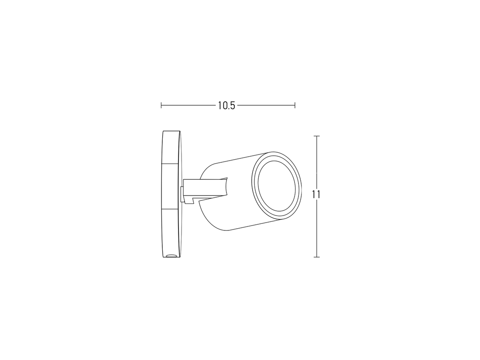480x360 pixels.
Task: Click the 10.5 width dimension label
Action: click(226, 106)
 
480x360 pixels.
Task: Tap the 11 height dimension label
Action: click(317, 195)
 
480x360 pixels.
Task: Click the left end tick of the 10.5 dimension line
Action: click(161, 105)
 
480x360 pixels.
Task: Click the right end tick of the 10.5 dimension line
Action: click(295, 105)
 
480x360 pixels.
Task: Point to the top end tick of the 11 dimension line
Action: click(317, 136)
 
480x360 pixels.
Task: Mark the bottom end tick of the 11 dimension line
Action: click(317, 257)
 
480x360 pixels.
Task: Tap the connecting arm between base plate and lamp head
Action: click(205, 188)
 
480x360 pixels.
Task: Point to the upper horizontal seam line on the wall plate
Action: click(171, 164)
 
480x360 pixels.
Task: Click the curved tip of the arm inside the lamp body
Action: click(226, 187)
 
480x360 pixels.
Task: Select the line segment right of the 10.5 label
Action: click(266, 105)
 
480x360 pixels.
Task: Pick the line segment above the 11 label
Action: click(317, 161)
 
